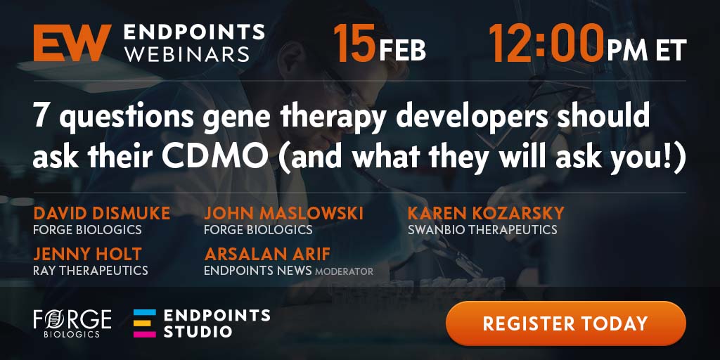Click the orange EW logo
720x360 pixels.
72,43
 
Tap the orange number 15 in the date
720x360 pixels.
354,43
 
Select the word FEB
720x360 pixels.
403,50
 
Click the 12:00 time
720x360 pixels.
546,43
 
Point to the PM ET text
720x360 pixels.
647,50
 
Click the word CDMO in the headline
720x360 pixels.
215,157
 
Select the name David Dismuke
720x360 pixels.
101,213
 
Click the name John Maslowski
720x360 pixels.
284,213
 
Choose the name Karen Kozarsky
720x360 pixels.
486,213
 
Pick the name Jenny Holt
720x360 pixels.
87,254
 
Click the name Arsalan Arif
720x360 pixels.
267,254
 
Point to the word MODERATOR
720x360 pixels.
344,271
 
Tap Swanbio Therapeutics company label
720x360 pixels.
482,229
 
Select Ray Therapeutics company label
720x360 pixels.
91,270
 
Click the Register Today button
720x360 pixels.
566,323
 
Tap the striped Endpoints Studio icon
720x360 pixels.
145,323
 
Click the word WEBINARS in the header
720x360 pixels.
186,53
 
